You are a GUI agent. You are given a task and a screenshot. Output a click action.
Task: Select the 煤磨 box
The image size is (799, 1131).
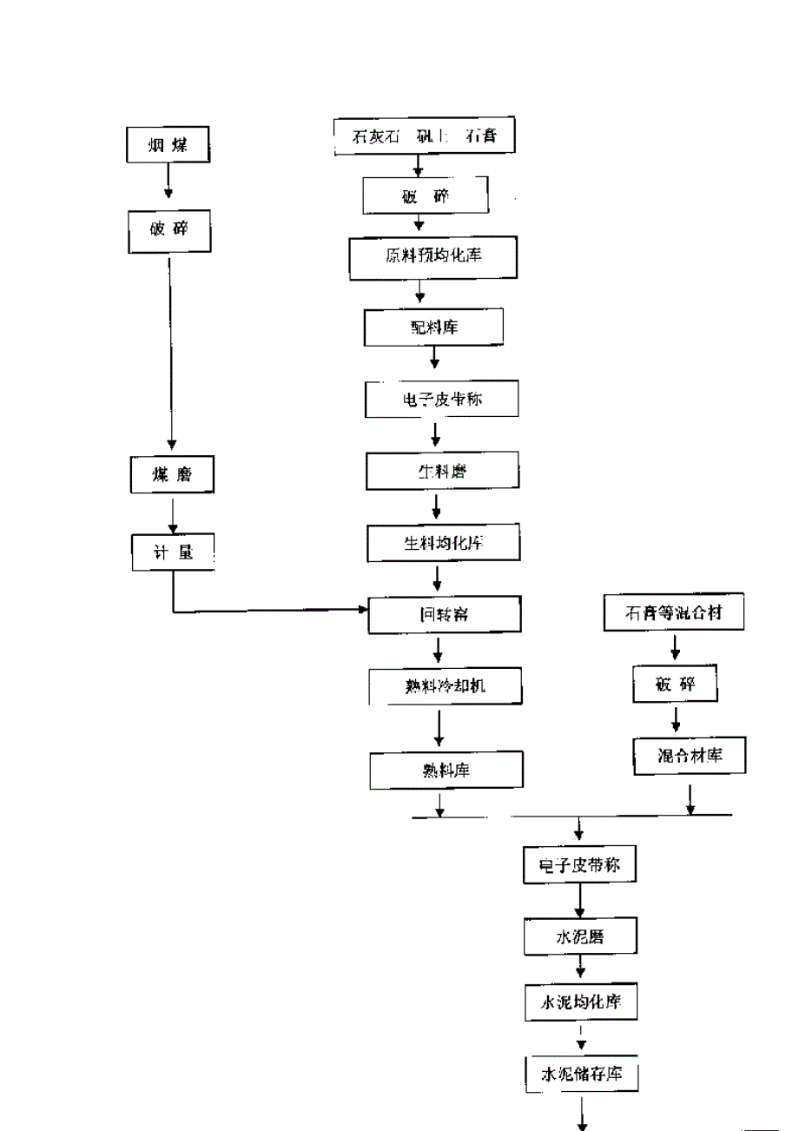tap(171, 474)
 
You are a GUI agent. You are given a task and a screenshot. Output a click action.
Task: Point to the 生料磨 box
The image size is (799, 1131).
tap(443, 472)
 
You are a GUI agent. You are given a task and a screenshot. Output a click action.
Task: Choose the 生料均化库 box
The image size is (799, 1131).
tap(444, 543)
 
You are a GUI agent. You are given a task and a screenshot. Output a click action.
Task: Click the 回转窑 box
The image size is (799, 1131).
tap(445, 615)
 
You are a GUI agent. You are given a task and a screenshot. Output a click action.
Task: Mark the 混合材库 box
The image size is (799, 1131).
tap(690, 756)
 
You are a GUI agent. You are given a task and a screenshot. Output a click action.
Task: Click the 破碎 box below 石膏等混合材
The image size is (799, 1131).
tap(676, 684)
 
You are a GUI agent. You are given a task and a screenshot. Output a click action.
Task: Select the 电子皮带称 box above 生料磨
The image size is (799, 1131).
tap(443, 400)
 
